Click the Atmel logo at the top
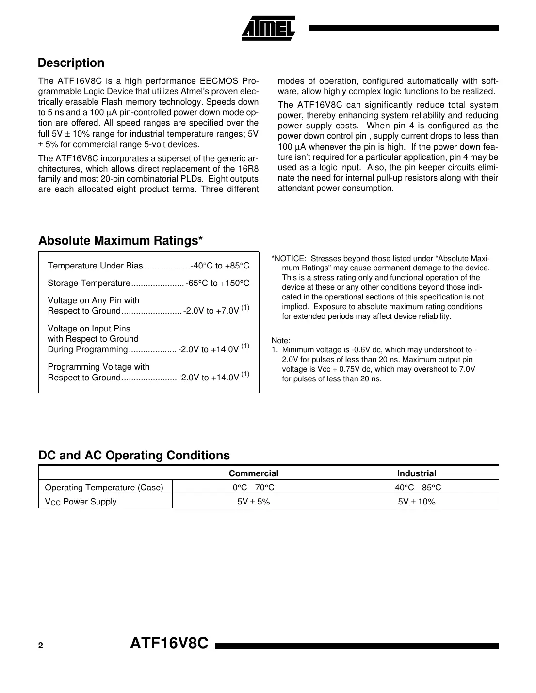click(268, 28)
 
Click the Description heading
click(71, 63)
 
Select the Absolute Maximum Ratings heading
click(120, 241)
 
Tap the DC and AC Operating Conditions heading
click(134, 456)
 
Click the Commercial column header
click(253, 473)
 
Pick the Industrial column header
click(416, 473)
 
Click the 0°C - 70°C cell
click(253, 488)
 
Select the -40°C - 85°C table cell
click(416, 488)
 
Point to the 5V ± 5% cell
click(253, 502)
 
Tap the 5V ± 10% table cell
click(416, 502)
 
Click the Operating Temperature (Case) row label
click(104, 488)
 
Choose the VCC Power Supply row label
click(81, 502)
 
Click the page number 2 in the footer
click(41, 646)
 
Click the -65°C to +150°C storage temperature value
click(217, 283)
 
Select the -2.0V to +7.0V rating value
click(211, 311)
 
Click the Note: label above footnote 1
click(281, 340)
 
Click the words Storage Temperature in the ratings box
click(89, 283)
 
